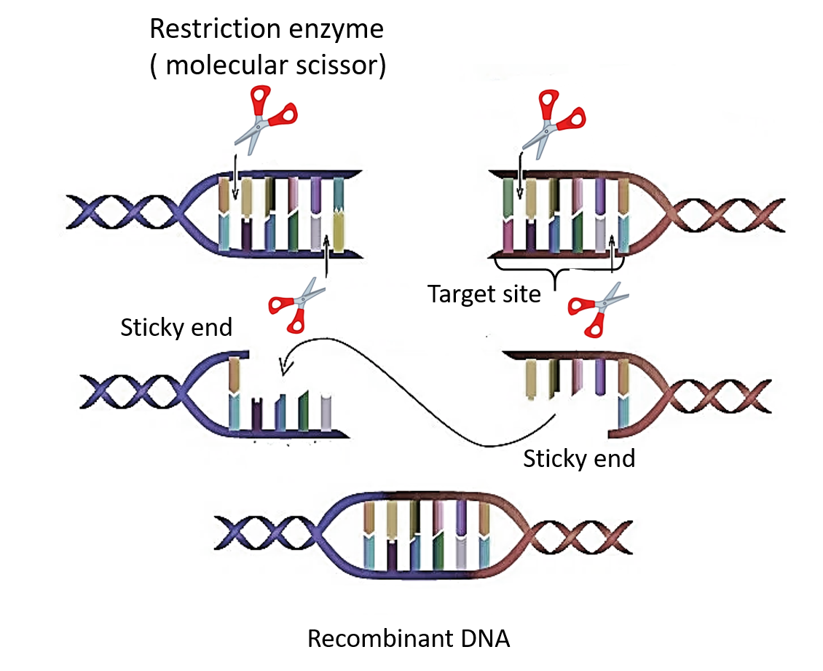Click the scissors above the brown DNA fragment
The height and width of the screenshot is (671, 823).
tap(554, 121)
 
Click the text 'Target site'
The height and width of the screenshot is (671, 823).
tap(484, 294)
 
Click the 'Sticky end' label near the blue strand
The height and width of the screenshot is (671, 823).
tap(176, 327)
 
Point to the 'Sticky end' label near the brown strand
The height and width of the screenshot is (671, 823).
tap(579, 458)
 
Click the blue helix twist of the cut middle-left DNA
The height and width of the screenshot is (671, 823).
tap(135, 393)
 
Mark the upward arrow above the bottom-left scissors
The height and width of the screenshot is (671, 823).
tap(326, 255)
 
